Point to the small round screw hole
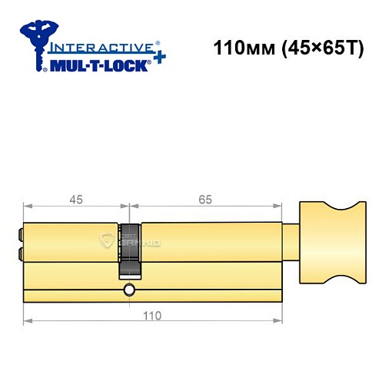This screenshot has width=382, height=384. tap(128, 290)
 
